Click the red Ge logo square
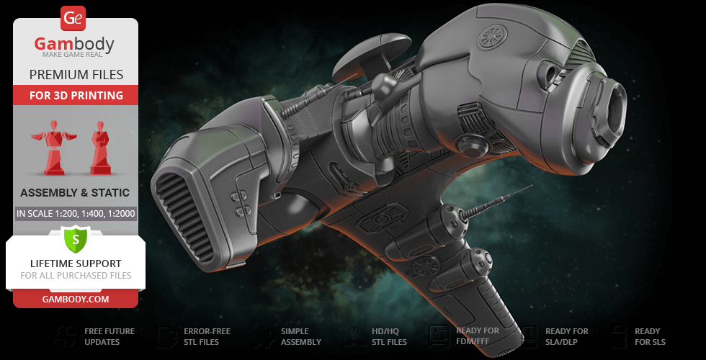pyautogui.click(x=74, y=18)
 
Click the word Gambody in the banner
pyautogui.click(x=74, y=45)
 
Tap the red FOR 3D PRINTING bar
pyautogui.click(x=76, y=95)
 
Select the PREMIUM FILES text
pyautogui.click(x=76, y=75)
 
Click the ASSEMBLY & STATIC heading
pyautogui.click(x=75, y=193)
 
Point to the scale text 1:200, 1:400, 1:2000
pyautogui.click(x=76, y=213)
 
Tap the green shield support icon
pyautogui.click(x=75, y=239)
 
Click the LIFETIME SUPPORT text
pyautogui.click(x=76, y=264)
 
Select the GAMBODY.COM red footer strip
pyautogui.click(x=76, y=299)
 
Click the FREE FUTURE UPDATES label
pyautogui.click(x=109, y=336)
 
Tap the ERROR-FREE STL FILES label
pyautogui.click(x=207, y=336)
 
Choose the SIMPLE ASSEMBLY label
pyautogui.click(x=300, y=336)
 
